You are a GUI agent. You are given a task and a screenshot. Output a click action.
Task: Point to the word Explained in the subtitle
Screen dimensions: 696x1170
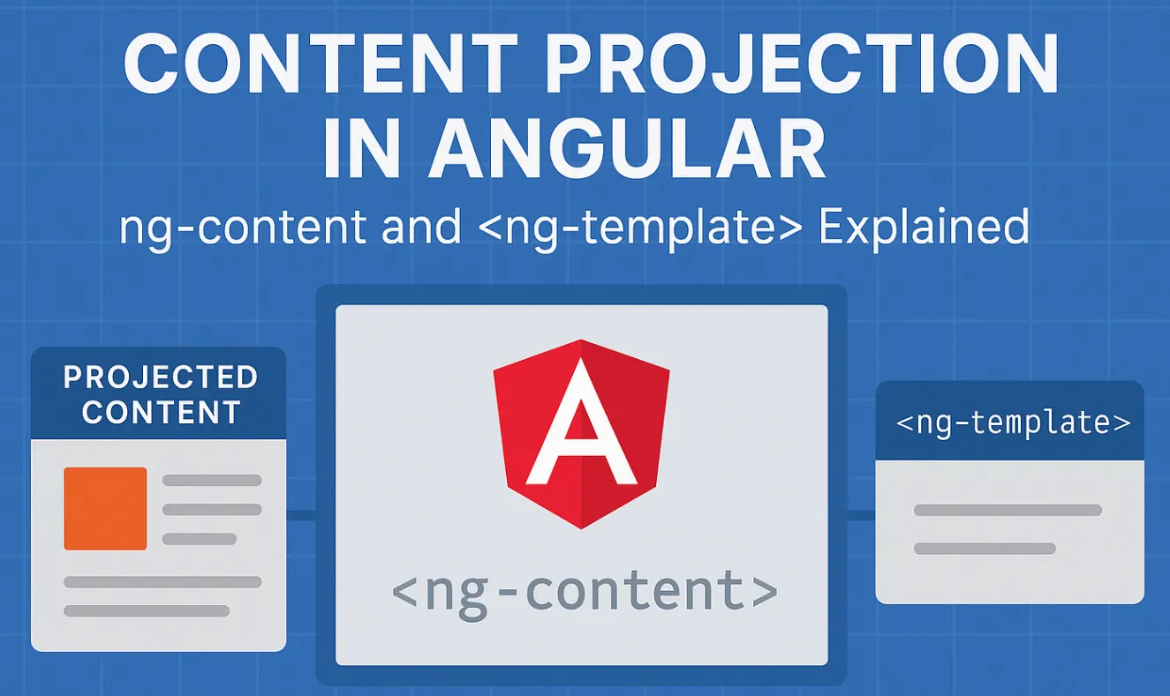(x=924, y=228)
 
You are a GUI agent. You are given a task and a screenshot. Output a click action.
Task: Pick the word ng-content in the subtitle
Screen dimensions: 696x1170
(x=242, y=228)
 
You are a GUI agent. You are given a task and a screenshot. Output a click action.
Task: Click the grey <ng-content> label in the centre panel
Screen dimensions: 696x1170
(x=584, y=592)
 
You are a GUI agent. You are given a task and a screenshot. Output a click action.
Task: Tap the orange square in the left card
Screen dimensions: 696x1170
(x=105, y=508)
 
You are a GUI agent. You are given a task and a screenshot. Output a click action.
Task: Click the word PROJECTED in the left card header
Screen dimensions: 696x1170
(x=161, y=378)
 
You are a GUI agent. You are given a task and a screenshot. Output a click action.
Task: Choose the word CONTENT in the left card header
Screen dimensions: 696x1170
(x=161, y=412)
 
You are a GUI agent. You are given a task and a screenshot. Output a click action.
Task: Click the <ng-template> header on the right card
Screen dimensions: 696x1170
(x=1013, y=423)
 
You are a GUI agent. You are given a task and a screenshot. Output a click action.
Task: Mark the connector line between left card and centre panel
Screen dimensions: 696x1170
(x=301, y=514)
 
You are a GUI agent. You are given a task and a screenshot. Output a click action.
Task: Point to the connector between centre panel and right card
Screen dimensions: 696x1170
(x=861, y=514)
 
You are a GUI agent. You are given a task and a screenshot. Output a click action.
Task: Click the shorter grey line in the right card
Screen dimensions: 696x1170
(x=985, y=549)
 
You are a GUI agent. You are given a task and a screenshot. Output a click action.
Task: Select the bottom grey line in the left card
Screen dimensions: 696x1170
(x=147, y=610)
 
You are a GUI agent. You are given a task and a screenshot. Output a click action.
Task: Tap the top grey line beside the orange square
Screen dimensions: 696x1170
(x=212, y=481)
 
